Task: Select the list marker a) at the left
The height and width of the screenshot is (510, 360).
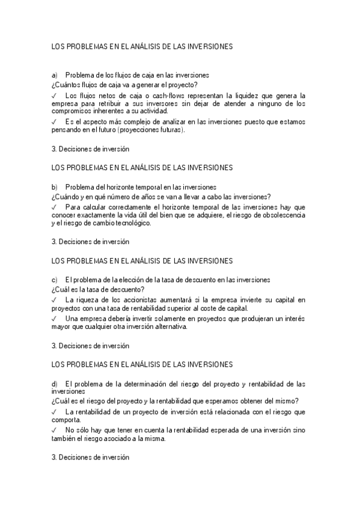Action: (x=55, y=75)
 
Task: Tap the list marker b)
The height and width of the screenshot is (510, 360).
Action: (x=55, y=187)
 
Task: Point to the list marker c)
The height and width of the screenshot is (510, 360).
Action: (x=55, y=280)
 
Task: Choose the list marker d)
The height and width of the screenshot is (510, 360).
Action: (x=55, y=384)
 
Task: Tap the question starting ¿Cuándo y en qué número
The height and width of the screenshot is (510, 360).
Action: (x=161, y=196)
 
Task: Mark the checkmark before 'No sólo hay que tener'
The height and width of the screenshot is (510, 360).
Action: (x=54, y=431)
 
